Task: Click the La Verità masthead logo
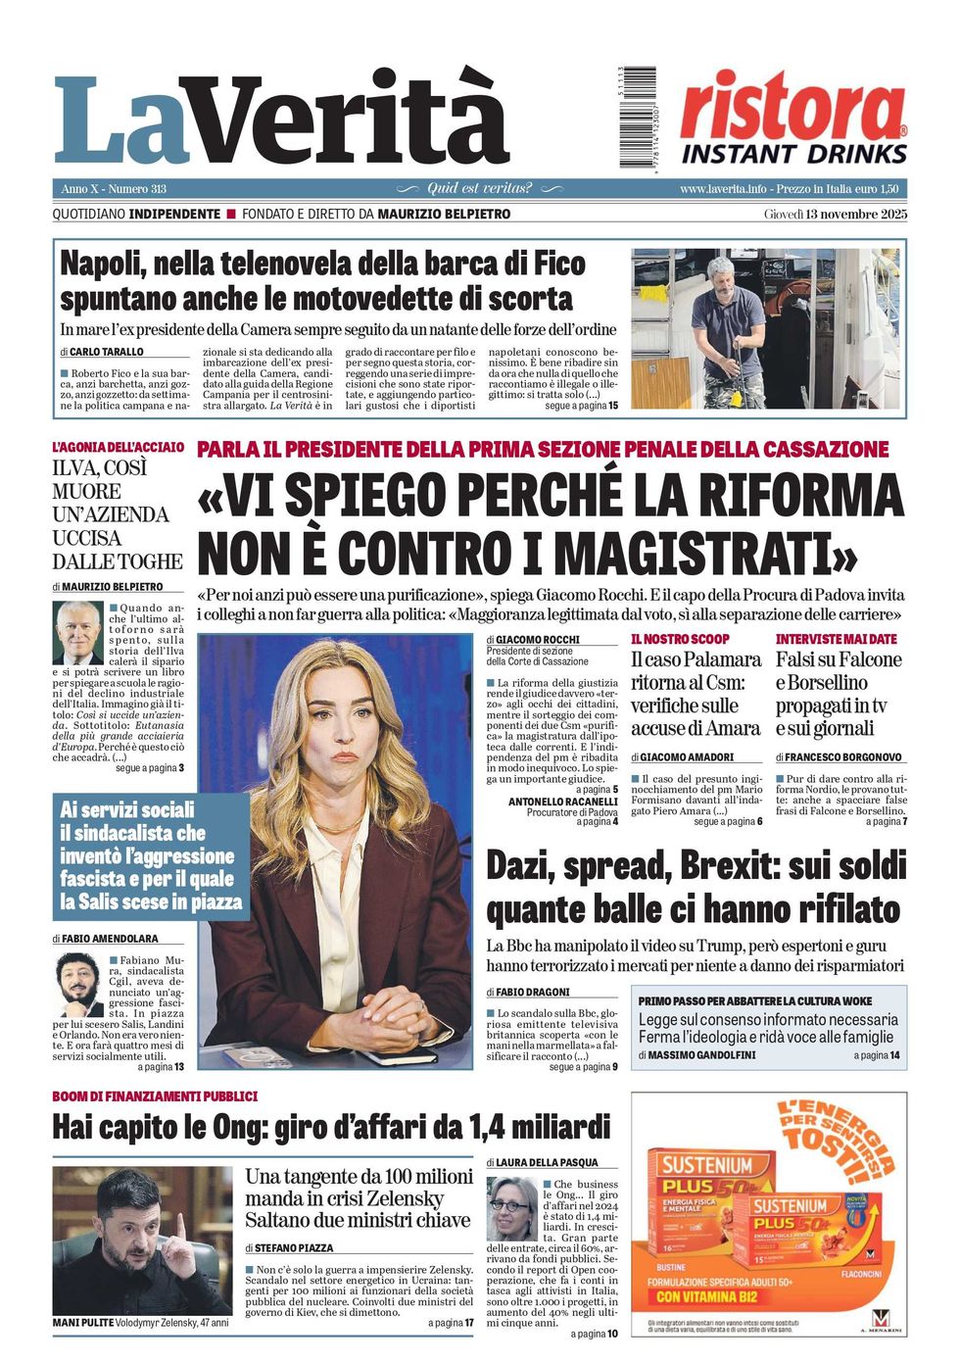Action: coord(282,120)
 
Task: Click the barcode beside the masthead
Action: coord(638,117)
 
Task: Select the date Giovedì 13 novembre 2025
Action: coord(836,214)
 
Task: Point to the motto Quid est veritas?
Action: coord(479,188)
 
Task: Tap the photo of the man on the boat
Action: coord(765,328)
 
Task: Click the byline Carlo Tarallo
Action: coord(106,352)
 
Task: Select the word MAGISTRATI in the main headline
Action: coord(675,552)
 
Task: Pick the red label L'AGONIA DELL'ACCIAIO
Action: coord(118,447)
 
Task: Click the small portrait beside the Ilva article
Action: coord(78,633)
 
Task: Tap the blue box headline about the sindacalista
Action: coord(150,855)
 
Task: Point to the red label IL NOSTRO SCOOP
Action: coord(680,639)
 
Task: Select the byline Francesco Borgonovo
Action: coord(842,757)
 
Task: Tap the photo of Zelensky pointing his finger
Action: coord(142,1240)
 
